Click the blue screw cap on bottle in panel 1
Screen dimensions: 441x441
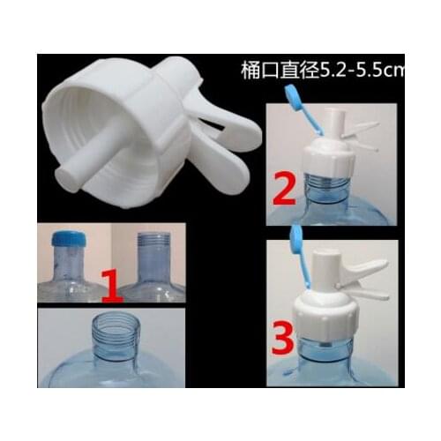click(67, 240)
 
